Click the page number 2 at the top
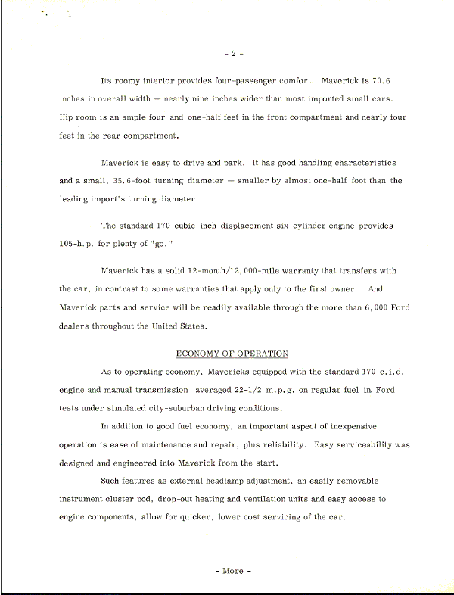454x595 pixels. coord(234,54)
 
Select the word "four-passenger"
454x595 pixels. coord(235,79)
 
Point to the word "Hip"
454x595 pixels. coord(66,117)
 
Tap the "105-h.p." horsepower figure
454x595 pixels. coord(78,245)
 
